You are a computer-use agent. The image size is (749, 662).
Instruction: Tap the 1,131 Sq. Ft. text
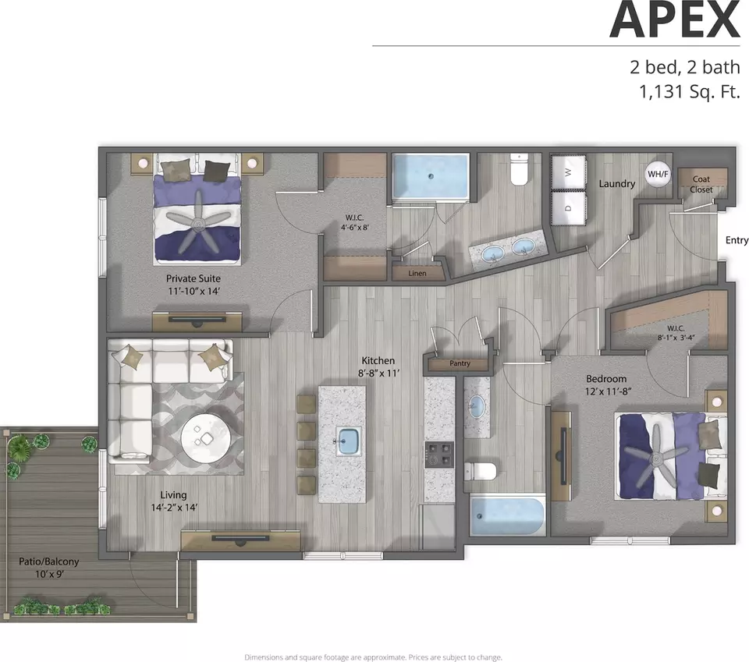[689, 91]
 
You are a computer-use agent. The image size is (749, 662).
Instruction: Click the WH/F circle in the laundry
[658, 174]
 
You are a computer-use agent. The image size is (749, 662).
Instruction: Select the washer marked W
[569, 172]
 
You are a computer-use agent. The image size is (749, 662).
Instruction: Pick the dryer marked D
[569, 207]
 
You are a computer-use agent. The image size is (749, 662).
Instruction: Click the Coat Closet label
[701, 184]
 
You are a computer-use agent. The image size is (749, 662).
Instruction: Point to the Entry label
[737, 240]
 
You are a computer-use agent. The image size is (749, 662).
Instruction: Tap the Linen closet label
[417, 274]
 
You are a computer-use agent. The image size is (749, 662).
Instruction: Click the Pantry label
[460, 363]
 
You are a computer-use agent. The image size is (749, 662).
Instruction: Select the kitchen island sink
[349, 441]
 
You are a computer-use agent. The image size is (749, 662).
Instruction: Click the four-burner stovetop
[439, 455]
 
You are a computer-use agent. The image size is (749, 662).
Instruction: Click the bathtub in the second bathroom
[507, 517]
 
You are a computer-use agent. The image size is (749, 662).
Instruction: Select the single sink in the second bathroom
[475, 407]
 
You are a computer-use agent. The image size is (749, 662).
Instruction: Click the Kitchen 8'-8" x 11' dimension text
[378, 373]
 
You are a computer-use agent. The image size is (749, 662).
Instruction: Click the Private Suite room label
[193, 278]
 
